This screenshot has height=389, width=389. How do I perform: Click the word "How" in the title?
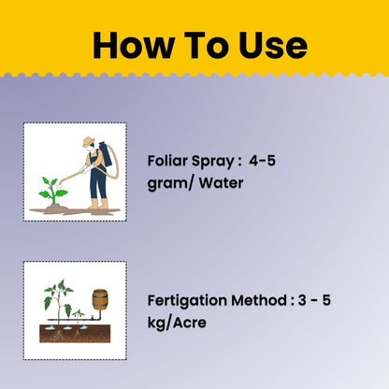click(126, 45)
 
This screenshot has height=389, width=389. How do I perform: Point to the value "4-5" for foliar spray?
click(263, 162)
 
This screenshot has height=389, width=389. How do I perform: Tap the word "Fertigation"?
click(191, 301)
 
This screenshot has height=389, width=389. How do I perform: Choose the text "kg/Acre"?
click(179, 323)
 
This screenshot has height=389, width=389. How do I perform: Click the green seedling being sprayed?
click(52, 192)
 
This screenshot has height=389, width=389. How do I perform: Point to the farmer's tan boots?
click(97, 205)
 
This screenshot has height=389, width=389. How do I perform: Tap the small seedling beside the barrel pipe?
click(79, 313)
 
